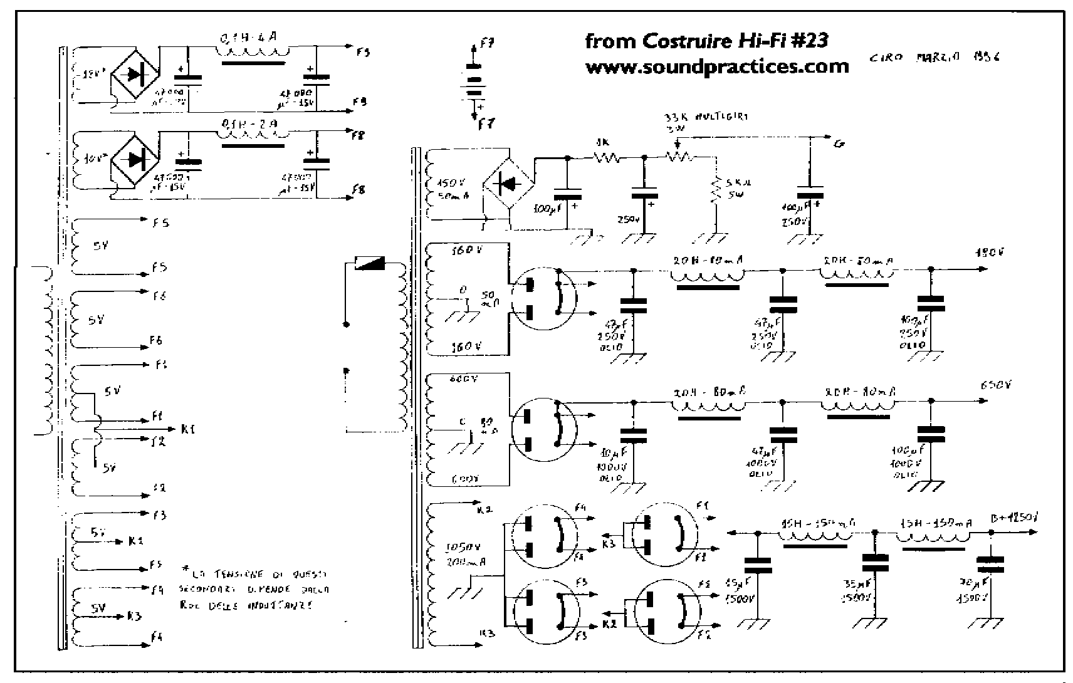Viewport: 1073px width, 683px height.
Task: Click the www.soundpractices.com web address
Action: pos(717,67)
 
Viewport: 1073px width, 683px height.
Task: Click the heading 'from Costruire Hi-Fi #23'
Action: pos(706,41)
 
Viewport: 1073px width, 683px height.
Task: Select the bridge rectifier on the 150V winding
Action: pos(508,184)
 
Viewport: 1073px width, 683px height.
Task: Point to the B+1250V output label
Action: pos(1013,519)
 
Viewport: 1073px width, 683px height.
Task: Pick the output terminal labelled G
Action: pos(838,143)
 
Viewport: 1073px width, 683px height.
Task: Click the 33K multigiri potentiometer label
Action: pos(705,117)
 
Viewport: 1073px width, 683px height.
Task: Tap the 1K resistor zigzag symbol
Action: pos(606,158)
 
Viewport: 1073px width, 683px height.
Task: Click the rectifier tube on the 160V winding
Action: pos(542,299)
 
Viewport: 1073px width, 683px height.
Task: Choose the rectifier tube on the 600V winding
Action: pos(543,430)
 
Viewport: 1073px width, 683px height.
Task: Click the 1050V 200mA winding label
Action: pos(464,554)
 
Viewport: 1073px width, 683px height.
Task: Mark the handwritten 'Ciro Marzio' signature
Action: pos(934,57)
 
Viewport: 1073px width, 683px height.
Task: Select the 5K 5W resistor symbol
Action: pos(714,190)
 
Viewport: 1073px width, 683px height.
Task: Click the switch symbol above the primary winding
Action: pos(370,263)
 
